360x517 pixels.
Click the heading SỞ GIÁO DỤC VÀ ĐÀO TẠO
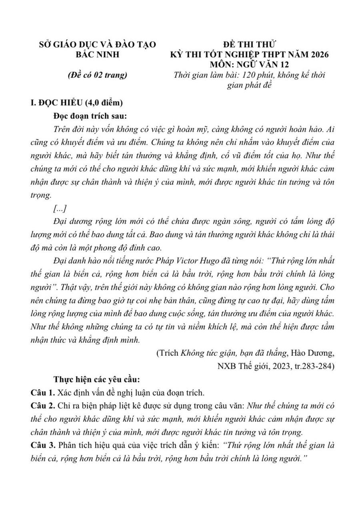(x=97, y=44)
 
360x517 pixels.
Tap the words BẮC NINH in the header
(x=98, y=54)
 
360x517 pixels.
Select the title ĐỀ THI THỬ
(x=249, y=44)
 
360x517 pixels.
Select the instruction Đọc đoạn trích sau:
(x=90, y=116)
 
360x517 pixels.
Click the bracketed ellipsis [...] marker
(x=60, y=209)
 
